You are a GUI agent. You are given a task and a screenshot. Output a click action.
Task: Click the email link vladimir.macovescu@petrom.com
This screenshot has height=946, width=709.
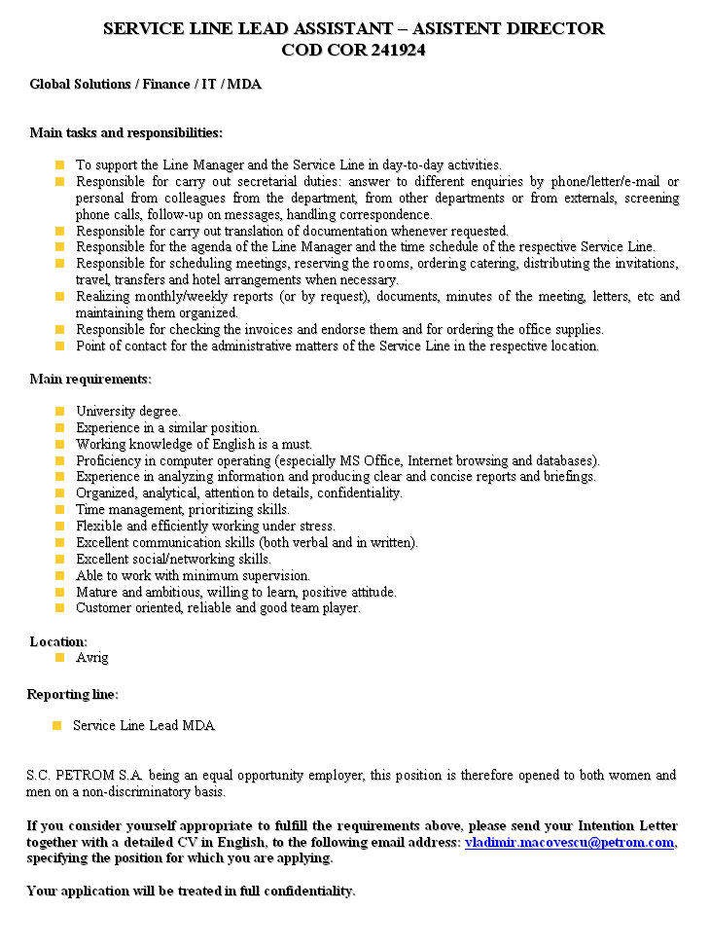point(569,842)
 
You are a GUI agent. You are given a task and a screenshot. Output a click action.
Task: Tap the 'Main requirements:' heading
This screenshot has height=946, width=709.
point(90,379)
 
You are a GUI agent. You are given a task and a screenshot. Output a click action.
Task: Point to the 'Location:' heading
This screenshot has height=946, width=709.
point(58,641)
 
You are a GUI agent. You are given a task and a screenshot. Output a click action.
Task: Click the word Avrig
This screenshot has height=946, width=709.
point(92,658)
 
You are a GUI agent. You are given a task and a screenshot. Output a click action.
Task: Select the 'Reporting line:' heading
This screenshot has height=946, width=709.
point(73,694)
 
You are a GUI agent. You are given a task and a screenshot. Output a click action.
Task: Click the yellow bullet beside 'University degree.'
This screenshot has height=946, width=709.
point(60,412)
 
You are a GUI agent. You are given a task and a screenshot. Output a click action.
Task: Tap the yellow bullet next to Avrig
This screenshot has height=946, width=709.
point(60,658)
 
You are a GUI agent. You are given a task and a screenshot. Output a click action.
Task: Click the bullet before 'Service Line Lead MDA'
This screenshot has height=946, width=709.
point(56,725)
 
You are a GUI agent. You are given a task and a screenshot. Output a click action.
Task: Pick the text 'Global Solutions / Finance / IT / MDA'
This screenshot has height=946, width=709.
point(145,84)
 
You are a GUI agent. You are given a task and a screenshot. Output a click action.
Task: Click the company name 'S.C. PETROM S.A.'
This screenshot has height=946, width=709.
point(86,776)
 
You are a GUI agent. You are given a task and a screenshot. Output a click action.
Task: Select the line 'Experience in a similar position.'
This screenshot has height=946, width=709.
point(167,428)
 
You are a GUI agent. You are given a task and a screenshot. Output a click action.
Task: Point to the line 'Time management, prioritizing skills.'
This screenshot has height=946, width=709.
point(183,510)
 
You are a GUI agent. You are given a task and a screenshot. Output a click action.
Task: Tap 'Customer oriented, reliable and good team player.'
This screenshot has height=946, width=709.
point(218,608)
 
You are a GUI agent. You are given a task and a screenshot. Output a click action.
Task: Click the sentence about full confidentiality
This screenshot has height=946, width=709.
point(191,891)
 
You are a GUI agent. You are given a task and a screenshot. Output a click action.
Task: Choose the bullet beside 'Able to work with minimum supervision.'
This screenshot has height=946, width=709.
point(60,576)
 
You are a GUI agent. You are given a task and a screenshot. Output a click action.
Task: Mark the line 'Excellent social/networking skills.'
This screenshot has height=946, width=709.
point(173,560)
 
